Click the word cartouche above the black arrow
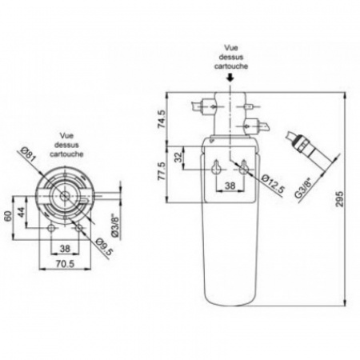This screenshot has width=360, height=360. (230, 68)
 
